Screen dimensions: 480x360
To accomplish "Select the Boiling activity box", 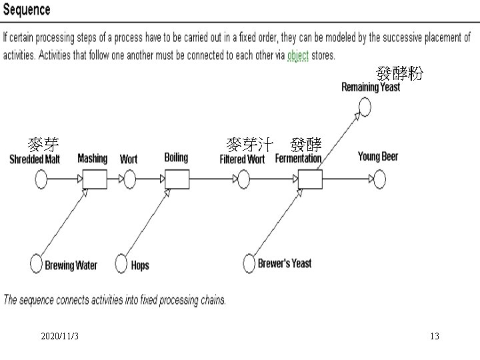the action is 177,179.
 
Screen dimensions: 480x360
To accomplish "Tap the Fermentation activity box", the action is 309,179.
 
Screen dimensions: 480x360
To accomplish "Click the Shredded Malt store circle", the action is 41,179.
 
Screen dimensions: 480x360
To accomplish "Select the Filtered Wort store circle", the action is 243,179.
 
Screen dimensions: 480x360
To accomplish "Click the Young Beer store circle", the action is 379,179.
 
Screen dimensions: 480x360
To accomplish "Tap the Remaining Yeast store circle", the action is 364,106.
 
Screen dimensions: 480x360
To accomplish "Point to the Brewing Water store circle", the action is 36,264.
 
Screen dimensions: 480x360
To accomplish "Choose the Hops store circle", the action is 122,264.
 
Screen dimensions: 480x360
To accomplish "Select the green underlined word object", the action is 297,55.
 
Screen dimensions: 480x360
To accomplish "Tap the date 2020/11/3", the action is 59,337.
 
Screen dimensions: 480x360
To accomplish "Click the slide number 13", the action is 434,337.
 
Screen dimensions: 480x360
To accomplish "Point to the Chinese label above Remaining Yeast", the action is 399,74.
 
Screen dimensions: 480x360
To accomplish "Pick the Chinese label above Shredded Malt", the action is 43,143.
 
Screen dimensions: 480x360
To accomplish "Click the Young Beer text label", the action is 377,156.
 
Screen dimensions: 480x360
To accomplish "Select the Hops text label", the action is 140,265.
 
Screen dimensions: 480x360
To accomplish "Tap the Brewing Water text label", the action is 71,265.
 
